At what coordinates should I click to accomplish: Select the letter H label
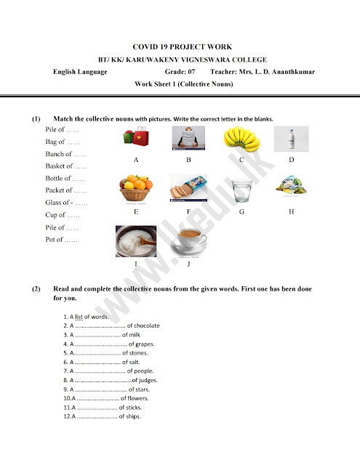(291, 211)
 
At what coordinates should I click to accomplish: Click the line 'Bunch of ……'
(66, 154)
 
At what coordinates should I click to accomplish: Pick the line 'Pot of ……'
(63, 240)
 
